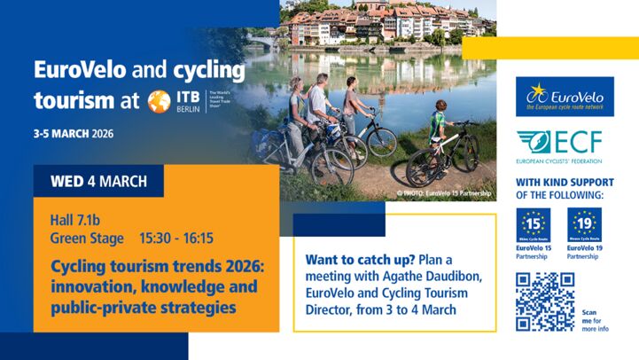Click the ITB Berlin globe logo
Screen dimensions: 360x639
pos(160,100)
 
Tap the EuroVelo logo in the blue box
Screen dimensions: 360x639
pos(565,97)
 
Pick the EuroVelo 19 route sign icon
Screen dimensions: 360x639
pos(584,225)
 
